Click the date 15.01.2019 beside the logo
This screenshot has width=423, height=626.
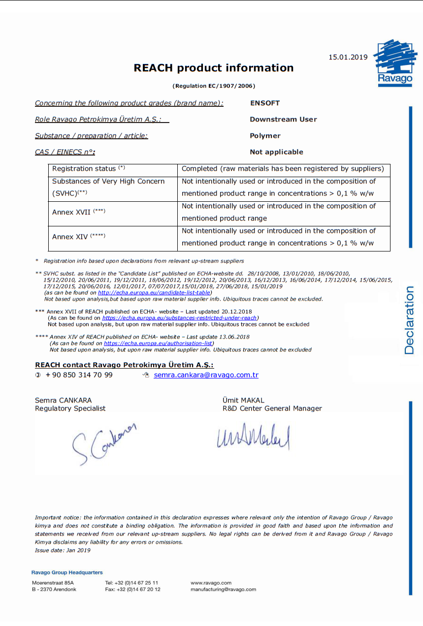(x=348, y=57)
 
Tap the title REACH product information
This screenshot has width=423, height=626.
(x=214, y=68)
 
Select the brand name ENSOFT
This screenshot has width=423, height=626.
(x=264, y=103)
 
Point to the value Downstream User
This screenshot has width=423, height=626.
(x=283, y=119)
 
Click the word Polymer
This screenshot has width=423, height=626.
(x=265, y=136)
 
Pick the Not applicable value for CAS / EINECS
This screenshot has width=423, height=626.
(x=276, y=152)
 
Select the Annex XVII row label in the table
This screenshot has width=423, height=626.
(x=78, y=212)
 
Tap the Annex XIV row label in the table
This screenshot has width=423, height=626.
(x=78, y=237)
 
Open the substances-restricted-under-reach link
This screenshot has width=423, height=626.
(x=180, y=318)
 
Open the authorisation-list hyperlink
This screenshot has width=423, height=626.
(x=158, y=343)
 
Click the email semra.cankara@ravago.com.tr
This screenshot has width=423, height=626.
(x=206, y=375)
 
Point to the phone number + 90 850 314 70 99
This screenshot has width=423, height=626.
(x=79, y=375)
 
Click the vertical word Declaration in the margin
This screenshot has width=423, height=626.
(x=409, y=320)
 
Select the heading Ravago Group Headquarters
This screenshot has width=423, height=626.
(x=67, y=572)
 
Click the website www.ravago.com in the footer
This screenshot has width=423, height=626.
(x=211, y=583)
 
